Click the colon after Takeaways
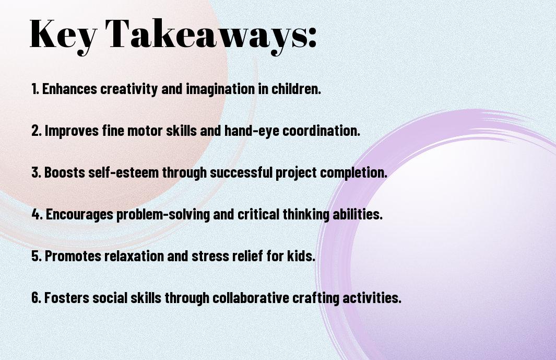pyautogui.click(x=312, y=37)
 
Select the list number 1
pyautogui.click(x=35, y=89)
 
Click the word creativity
pyautogui.click(x=129, y=89)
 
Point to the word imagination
pyautogui.click(x=220, y=89)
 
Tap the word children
pyautogui.click(x=297, y=89)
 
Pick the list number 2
pyautogui.click(x=37, y=131)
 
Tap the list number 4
pyautogui.click(x=37, y=214)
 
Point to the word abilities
pyautogui.click(x=358, y=214)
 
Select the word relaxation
pyautogui.click(x=134, y=256)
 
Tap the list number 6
pyautogui.click(x=37, y=298)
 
